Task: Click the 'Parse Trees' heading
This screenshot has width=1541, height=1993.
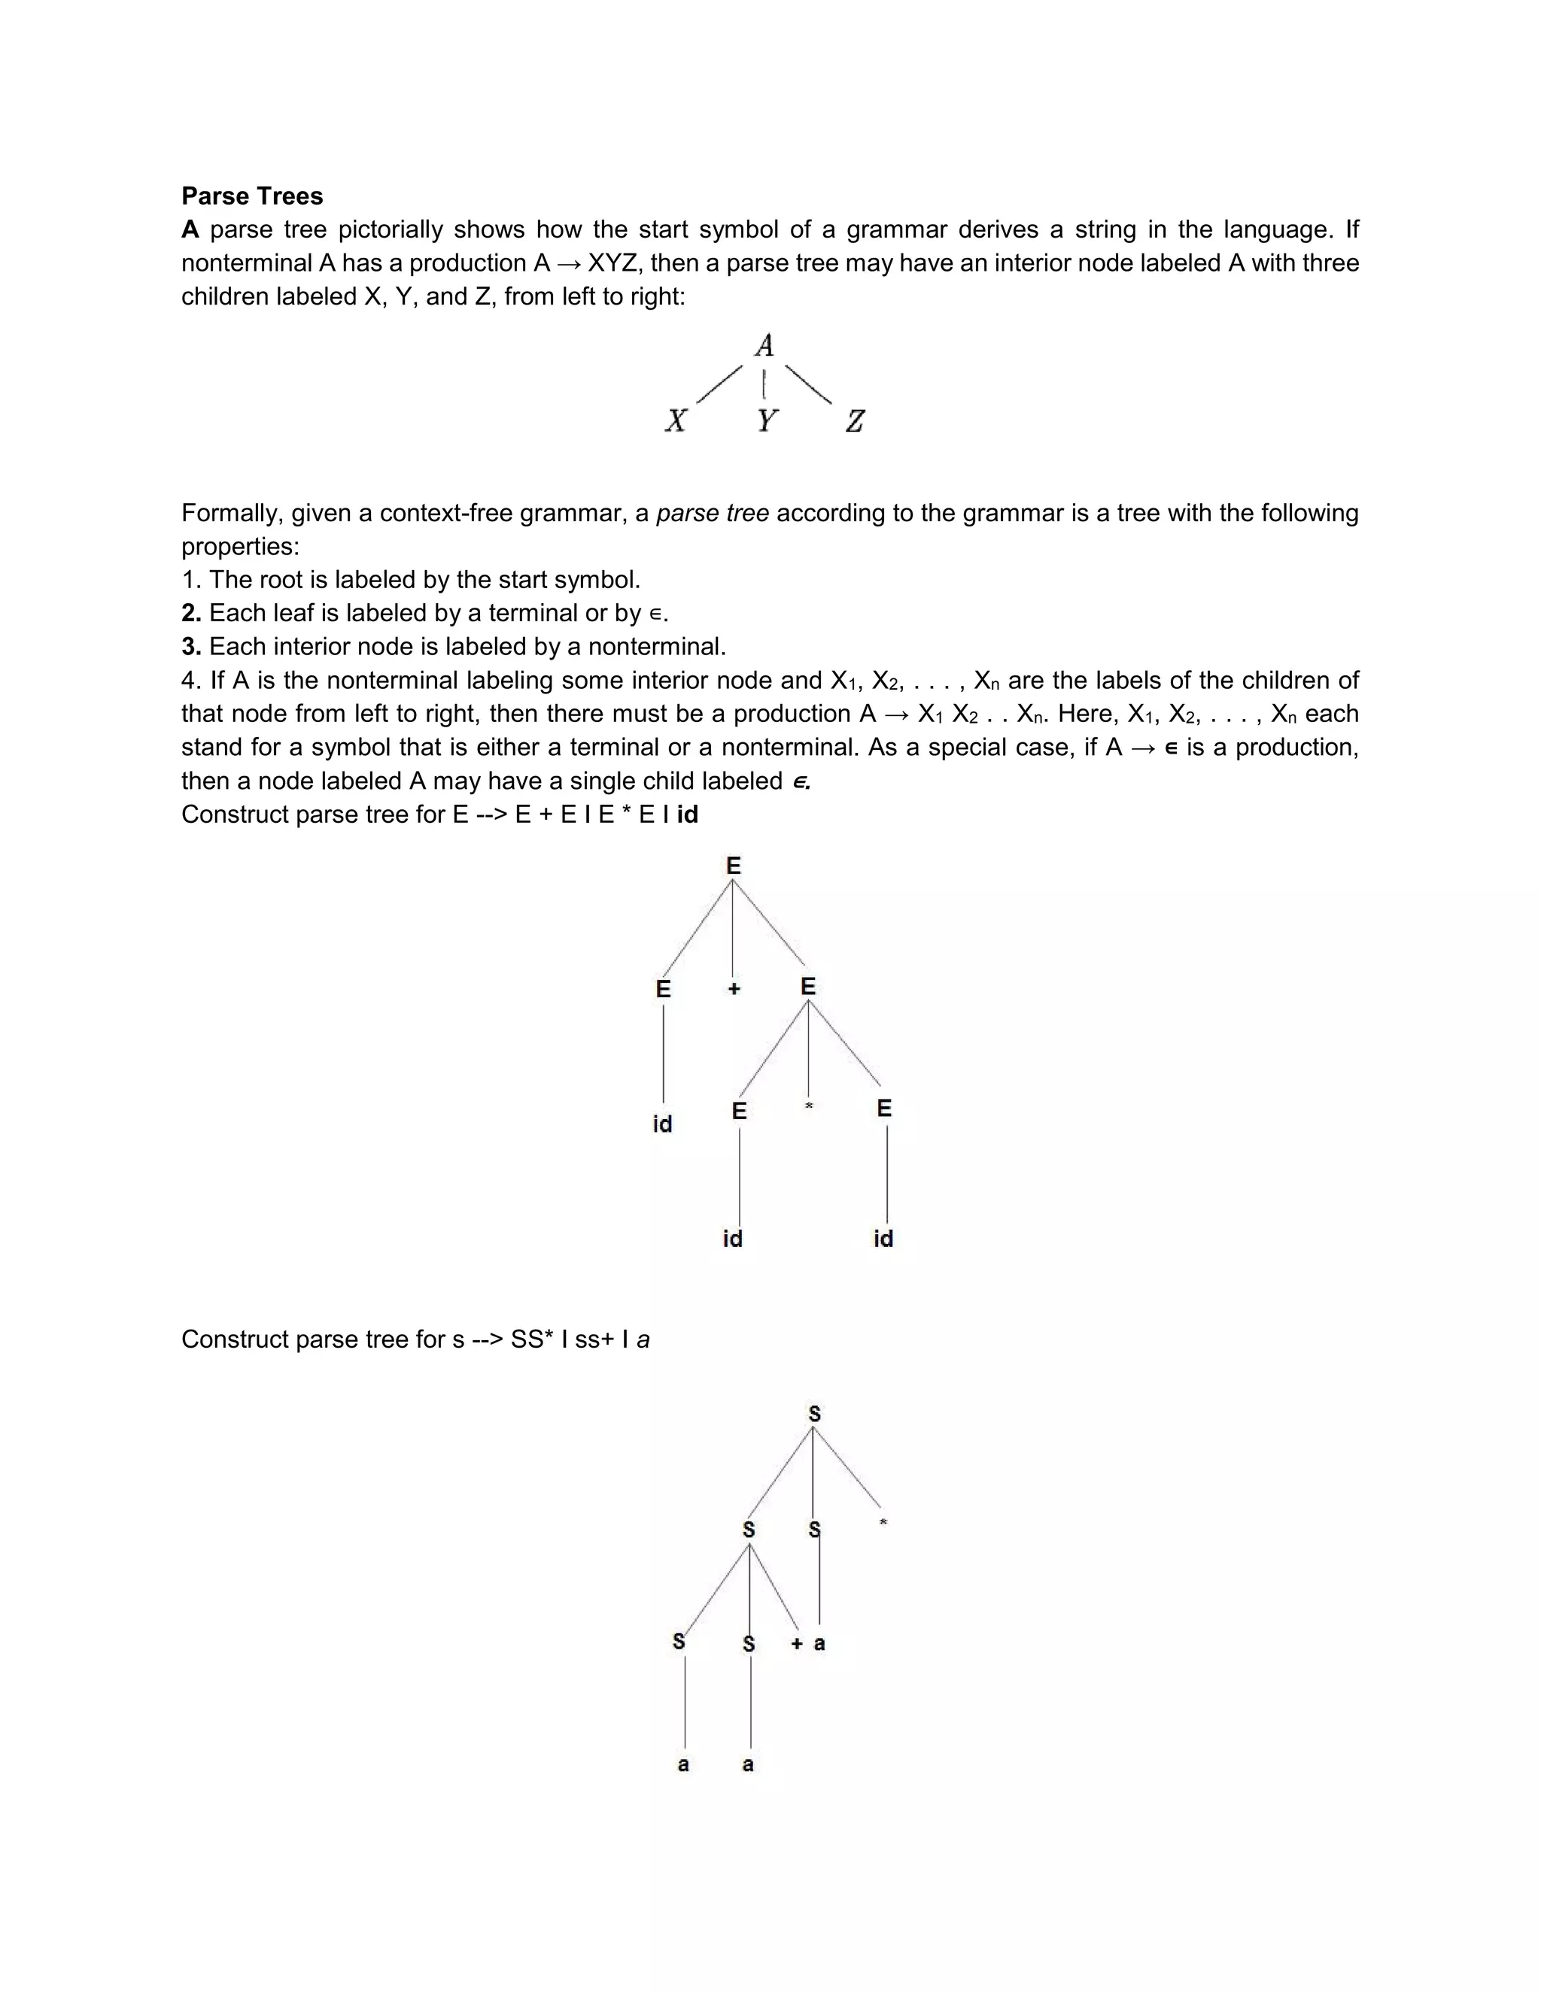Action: coord(252,196)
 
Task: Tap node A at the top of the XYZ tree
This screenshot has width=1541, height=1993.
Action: coord(764,346)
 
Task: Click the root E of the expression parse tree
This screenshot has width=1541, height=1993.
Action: coord(733,865)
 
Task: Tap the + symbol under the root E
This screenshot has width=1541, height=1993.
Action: coord(734,988)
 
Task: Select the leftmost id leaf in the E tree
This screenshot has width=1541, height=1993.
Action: coord(663,1124)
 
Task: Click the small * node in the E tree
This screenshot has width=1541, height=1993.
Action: coord(809,1107)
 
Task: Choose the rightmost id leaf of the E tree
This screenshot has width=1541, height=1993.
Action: coord(883,1239)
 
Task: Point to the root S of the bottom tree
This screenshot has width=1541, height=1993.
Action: coord(814,1414)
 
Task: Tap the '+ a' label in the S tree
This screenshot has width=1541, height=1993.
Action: coord(808,1643)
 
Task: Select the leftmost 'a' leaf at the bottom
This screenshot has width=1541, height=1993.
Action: coord(683,1764)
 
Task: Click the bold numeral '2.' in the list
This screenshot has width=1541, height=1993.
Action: coord(191,613)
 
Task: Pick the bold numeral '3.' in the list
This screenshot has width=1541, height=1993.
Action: coord(191,647)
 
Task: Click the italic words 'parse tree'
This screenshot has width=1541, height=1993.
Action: coord(712,513)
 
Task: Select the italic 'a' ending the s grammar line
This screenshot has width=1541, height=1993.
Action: coord(643,1339)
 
